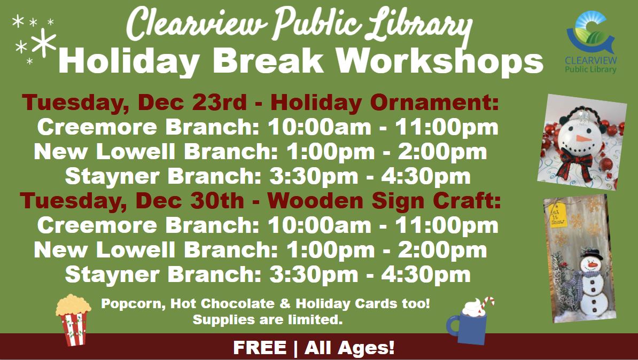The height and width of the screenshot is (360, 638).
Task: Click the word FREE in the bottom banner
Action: click(x=259, y=348)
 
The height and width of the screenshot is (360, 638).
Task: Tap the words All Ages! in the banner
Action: click(x=349, y=348)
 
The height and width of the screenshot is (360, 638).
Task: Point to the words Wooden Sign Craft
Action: click(x=385, y=201)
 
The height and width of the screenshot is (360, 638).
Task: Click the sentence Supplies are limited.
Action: click(x=267, y=320)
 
